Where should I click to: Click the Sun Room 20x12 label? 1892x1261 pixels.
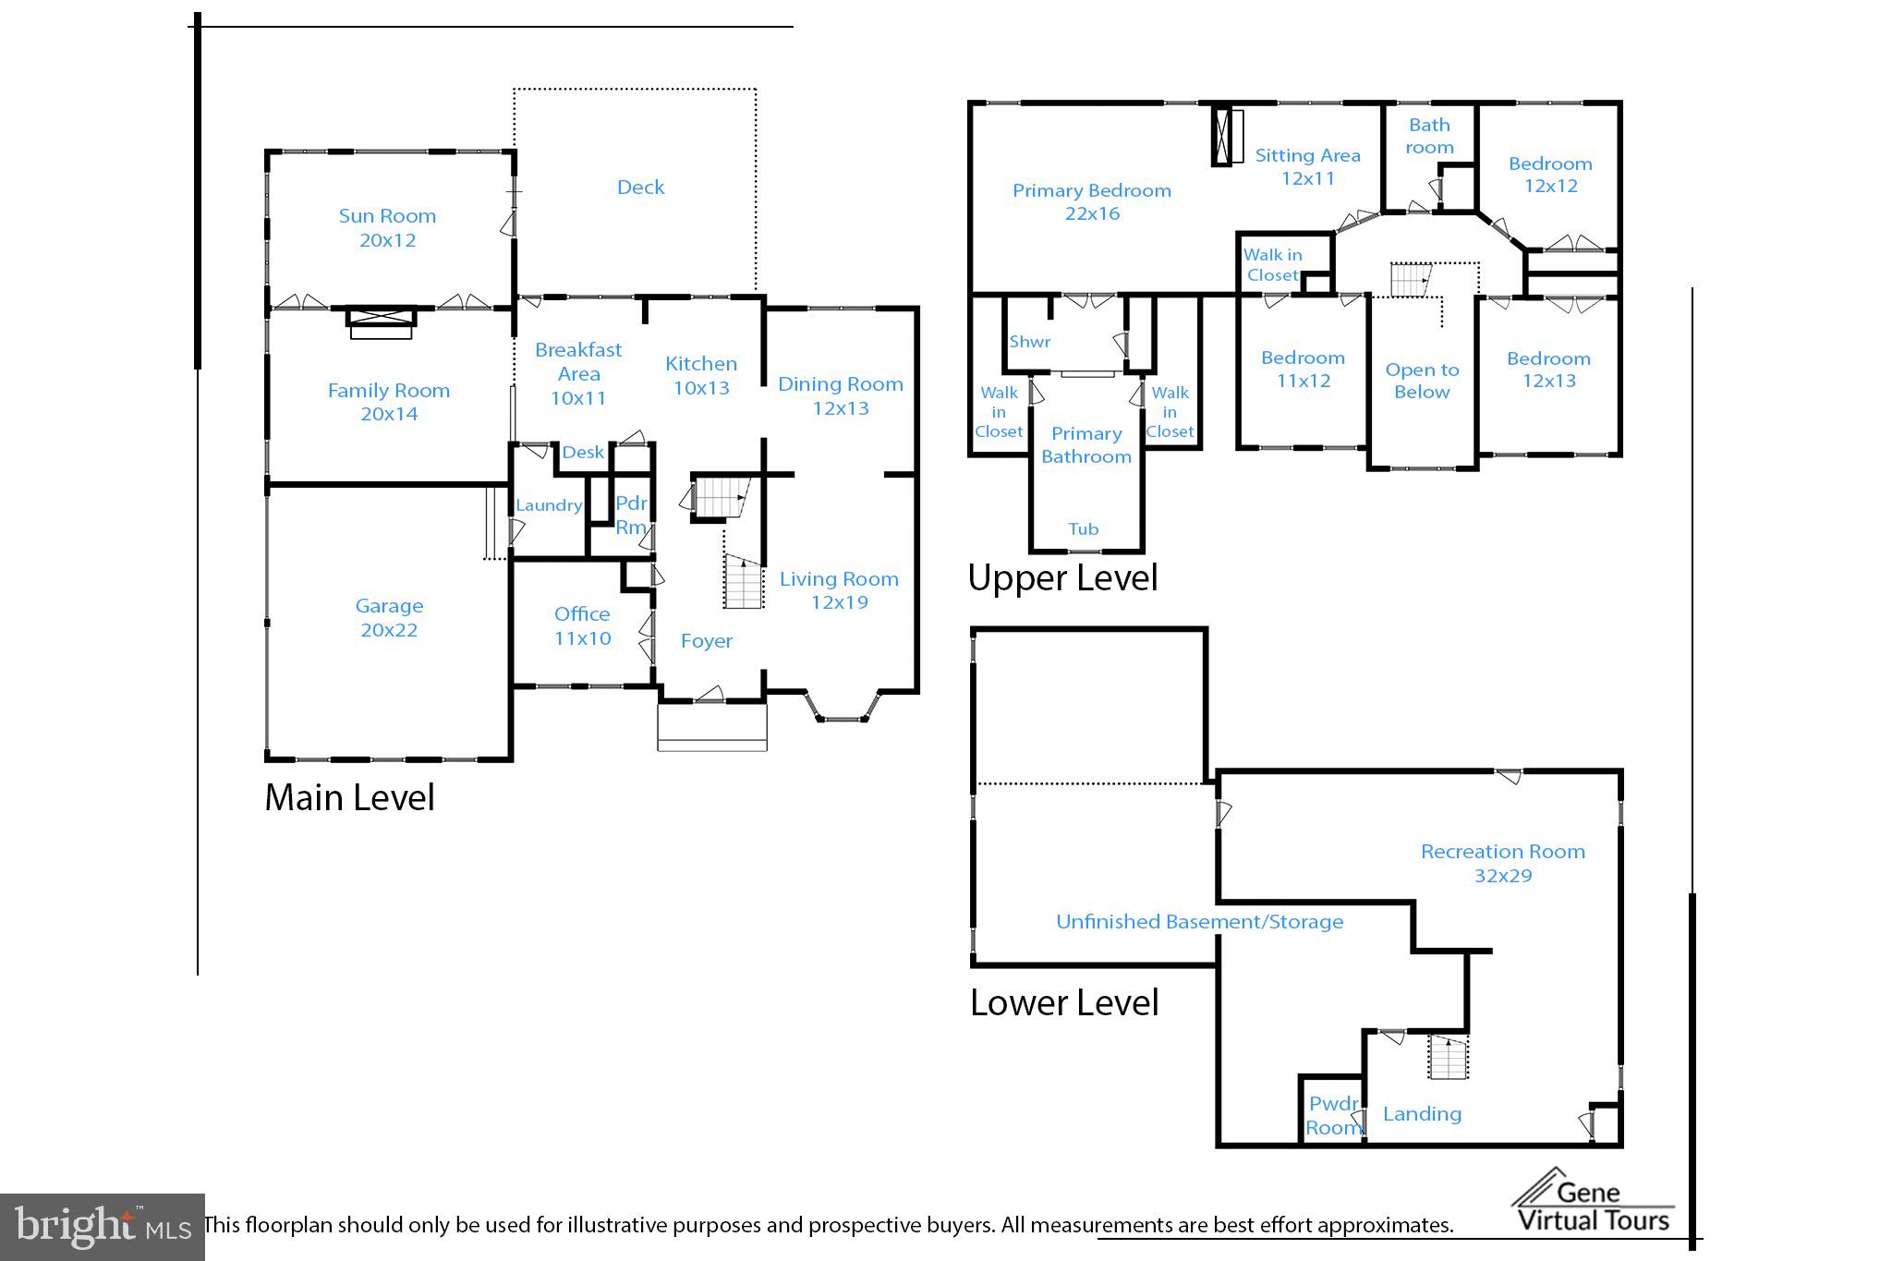pyautogui.click(x=387, y=227)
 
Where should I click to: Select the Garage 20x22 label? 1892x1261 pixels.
pyautogui.click(x=389, y=617)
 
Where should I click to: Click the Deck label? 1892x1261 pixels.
pyautogui.click(x=640, y=188)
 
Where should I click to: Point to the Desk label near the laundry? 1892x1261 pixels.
pyautogui.click(x=583, y=452)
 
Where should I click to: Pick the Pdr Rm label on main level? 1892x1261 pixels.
pyautogui.click(x=631, y=515)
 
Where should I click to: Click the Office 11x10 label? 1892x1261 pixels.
pyautogui.click(x=582, y=625)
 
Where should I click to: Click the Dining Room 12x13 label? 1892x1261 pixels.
pyautogui.click(x=840, y=395)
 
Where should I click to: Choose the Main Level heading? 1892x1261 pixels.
pyautogui.click(x=349, y=797)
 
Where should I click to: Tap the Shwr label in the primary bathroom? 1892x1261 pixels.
pyautogui.click(x=1029, y=341)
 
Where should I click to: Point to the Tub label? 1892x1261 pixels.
pyautogui.click(x=1083, y=528)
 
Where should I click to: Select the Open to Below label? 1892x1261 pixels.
pyautogui.click(x=1422, y=380)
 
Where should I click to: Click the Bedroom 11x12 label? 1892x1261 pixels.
pyautogui.click(x=1303, y=369)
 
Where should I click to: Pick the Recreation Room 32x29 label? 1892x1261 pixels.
pyautogui.click(x=1502, y=863)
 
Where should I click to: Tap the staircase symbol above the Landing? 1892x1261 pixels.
pyautogui.click(x=1448, y=1057)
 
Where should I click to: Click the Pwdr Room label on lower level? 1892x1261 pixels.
pyautogui.click(x=1333, y=1115)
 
